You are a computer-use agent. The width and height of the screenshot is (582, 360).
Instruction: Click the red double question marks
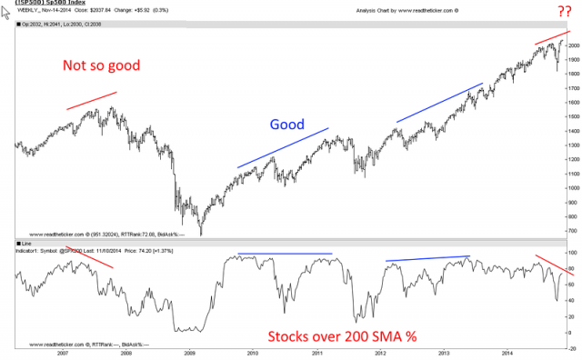point(563,11)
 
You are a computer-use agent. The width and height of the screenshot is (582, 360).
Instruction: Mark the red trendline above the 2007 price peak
point(91,101)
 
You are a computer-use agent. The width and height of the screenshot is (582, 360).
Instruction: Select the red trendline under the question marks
point(553,37)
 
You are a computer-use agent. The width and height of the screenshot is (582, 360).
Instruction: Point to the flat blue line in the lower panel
point(285,254)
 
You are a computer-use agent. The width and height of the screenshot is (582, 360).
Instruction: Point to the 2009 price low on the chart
point(199,234)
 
